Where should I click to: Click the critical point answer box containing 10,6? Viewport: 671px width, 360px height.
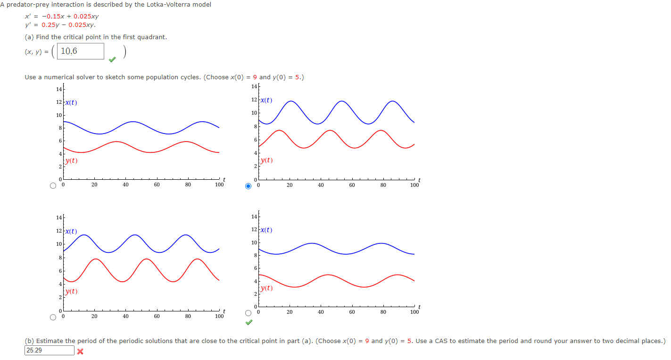pyautogui.click(x=80, y=51)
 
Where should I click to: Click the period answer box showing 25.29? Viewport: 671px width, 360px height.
pyautogui.click(x=49, y=351)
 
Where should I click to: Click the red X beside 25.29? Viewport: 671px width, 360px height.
pyautogui.click(x=80, y=352)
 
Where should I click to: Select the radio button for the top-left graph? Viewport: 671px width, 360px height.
pyautogui.click(x=54, y=185)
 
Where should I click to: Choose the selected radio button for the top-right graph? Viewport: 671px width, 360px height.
pyautogui.click(x=249, y=186)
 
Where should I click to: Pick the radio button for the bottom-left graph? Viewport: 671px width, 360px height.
pyautogui.click(x=54, y=317)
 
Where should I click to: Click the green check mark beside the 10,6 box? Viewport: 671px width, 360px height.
pyautogui.click(x=112, y=59)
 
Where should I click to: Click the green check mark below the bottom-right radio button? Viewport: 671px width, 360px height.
pyautogui.click(x=249, y=323)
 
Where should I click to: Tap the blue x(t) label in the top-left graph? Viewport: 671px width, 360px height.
pyautogui.click(x=71, y=102)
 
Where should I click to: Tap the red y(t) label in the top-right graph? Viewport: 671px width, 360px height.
pyautogui.click(x=266, y=160)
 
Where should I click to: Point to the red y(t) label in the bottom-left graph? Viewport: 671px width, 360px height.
pyautogui.click(x=71, y=291)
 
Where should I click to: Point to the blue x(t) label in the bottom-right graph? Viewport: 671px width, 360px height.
pyautogui.click(x=266, y=230)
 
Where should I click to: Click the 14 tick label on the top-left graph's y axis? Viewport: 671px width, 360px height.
pyautogui.click(x=58, y=90)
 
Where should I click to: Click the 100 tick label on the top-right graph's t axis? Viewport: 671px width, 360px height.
pyautogui.click(x=414, y=185)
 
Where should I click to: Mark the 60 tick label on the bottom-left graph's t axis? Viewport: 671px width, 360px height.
pyautogui.click(x=157, y=316)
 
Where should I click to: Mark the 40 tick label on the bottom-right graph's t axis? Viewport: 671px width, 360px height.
pyautogui.click(x=321, y=312)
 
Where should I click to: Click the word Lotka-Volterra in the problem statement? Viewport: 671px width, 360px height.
pyautogui.click(x=159, y=5)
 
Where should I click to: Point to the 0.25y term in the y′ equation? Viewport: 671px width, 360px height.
pyautogui.click(x=50, y=25)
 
